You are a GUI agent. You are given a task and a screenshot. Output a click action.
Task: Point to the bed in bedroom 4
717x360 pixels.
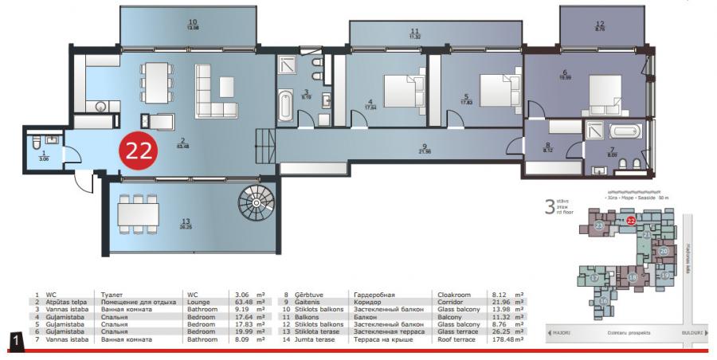[x=403, y=86]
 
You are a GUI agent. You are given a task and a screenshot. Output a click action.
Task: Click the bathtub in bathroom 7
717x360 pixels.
[x=625, y=131]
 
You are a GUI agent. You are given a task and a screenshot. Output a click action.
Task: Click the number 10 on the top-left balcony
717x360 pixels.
[x=193, y=22]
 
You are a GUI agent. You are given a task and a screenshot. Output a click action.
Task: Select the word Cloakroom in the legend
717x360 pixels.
[x=455, y=294]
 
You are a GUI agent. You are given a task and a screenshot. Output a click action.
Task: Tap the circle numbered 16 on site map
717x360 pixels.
[x=605, y=301]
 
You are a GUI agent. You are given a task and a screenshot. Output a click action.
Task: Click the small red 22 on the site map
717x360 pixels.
[x=631, y=221]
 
